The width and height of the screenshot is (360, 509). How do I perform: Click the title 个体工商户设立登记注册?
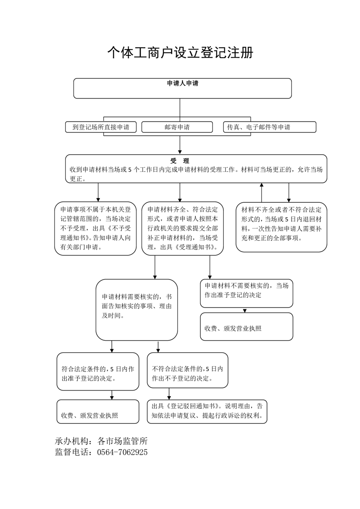pyautogui.click(x=180, y=53)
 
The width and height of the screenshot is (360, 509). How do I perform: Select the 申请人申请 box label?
pyautogui.click(x=182, y=83)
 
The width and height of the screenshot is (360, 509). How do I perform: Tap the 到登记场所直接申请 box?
pyautogui.click(x=101, y=127)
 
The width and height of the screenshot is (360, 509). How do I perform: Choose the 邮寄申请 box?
pyautogui.click(x=177, y=127)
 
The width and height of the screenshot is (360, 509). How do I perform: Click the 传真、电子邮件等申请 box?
pyautogui.click(x=270, y=127)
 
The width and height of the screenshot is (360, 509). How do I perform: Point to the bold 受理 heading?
pyautogui.click(x=180, y=161)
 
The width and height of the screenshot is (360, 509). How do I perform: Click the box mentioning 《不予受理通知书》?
pyautogui.click(x=95, y=229)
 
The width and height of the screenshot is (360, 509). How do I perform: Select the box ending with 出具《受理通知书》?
pyautogui.click(x=182, y=229)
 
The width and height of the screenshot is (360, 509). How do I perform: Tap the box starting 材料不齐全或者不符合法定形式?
pyautogui.click(x=281, y=227)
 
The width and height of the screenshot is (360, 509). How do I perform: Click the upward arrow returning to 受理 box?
pyautogui.click(x=261, y=192)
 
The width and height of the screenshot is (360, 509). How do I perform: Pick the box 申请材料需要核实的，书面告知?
pyautogui.click(x=137, y=310)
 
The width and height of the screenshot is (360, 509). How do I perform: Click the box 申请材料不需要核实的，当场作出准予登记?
pyautogui.click(x=247, y=293)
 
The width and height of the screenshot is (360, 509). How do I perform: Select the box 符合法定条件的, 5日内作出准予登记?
pyautogui.click(x=98, y=372)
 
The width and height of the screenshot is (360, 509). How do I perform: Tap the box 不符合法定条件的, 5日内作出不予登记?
pyautogui.click(x=187, y=370)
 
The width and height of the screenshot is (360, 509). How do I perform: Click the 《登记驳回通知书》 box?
pyautogui.click(x=207, y=411)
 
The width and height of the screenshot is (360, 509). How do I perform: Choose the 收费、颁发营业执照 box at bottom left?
pyautogui.click(x=98, y=411)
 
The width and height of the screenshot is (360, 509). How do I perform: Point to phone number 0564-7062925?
pyautogui.click(x=123, y=452)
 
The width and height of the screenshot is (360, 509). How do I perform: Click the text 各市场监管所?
pyautogui.click(x=123, y=441)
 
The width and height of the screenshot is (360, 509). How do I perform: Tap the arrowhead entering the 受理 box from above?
pyautogui.click(x=180, y=152)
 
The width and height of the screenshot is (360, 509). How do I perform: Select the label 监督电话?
pyautogui.click(x=72, y=452)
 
